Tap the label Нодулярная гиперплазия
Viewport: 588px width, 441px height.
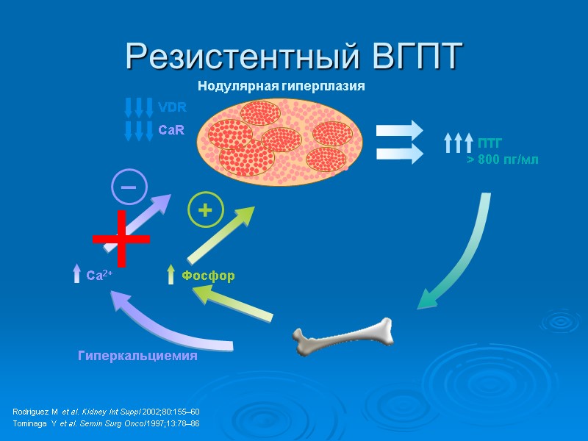[281, 87]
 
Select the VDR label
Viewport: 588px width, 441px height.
[172, 107]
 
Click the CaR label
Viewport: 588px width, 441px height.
[171, 129]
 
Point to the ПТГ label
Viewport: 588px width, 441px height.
[490, 143]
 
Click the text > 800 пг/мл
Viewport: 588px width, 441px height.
[503, 160]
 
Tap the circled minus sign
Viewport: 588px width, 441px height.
[129, 187]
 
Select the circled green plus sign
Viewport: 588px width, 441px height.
[206, 211]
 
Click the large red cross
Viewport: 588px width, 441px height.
[121, 238]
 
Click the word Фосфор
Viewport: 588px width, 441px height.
[209, 276]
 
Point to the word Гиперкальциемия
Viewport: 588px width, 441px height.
[138, 356]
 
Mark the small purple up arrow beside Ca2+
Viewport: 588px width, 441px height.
[76, 274]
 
